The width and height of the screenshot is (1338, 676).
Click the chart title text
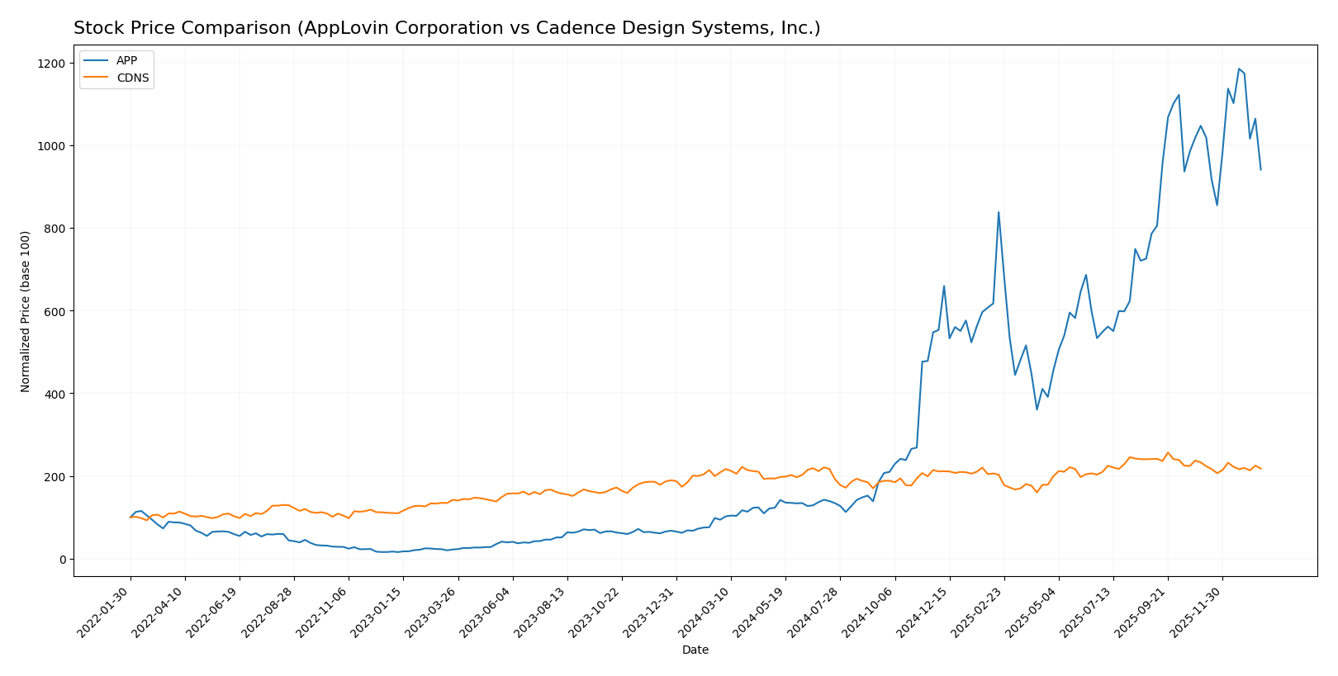tap(447, 28)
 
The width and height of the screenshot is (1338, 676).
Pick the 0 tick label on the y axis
tap(62, 560)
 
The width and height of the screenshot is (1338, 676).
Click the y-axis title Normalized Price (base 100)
tap(26, 311)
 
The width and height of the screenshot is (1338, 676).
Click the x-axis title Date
tap(695, 650)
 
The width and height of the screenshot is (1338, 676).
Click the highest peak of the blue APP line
tap(1238, 69)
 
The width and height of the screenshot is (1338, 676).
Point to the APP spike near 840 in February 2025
tap(999, 212)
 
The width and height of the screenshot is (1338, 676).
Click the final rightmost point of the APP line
tap(1260, 170)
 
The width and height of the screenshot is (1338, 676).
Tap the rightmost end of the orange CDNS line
tap(1260, 469)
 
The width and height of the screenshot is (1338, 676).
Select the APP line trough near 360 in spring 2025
tap(1037, 409)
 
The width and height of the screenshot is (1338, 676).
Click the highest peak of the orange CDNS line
tap(1167, 452)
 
